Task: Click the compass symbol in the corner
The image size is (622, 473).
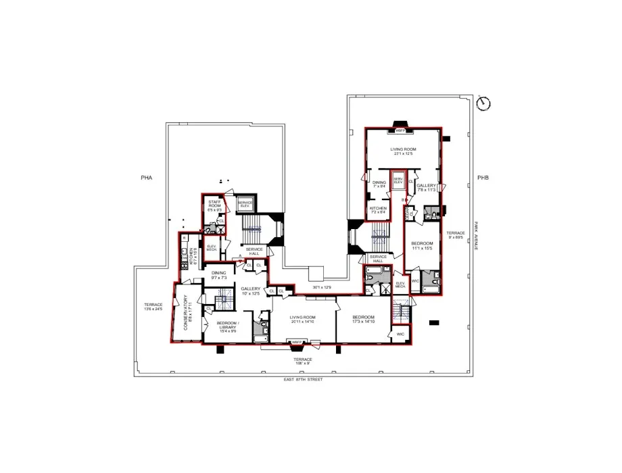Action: (x=483, y=103)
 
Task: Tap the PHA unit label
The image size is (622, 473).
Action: (x=146, y=178)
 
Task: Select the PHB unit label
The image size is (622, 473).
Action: (x=482, y=178)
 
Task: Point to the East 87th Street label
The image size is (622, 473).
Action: (x=304, y=380)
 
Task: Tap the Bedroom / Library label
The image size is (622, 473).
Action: (x=226, y=328)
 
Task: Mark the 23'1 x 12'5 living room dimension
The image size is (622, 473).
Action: (x=403, y=153)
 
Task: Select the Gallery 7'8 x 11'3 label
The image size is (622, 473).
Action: (x=426, y=188)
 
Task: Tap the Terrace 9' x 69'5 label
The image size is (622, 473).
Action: (x=455, y=236)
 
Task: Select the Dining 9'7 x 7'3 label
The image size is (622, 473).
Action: (x=218, y=275)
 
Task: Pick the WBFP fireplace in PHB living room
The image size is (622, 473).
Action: (x=400, y=130)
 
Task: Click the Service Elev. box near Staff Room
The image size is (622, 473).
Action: (x=245, y=204)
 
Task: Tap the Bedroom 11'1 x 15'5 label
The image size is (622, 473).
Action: (x=422, y=246)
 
